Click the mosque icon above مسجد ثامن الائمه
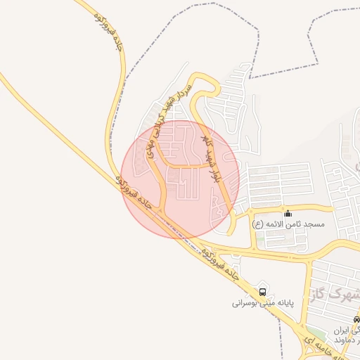[287, 213]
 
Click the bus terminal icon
[262, 291]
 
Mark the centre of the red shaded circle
[181, 179]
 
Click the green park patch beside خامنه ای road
[316, 333]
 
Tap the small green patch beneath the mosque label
[261, 238]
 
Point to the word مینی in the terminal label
[276, 304]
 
